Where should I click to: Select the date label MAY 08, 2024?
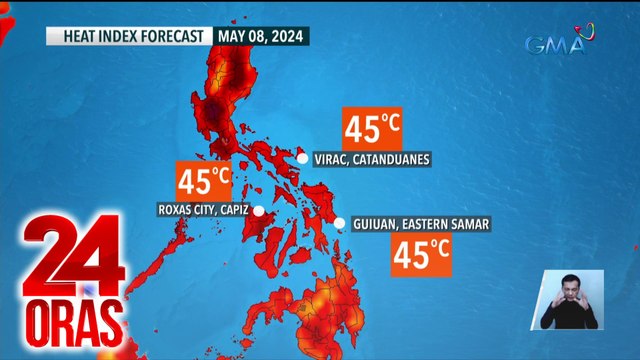259,36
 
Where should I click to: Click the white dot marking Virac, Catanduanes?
303,158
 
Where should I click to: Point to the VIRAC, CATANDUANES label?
372,159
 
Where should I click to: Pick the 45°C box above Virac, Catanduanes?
372,127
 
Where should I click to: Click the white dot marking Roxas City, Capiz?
258,210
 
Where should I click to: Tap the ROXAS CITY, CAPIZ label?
203,210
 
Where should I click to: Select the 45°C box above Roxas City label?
204,181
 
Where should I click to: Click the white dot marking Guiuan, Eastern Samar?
340,224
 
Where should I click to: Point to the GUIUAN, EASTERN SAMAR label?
420,224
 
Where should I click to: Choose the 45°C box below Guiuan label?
420,255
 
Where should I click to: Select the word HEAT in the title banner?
79,36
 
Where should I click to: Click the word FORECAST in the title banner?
172,36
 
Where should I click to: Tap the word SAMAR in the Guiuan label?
469,224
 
